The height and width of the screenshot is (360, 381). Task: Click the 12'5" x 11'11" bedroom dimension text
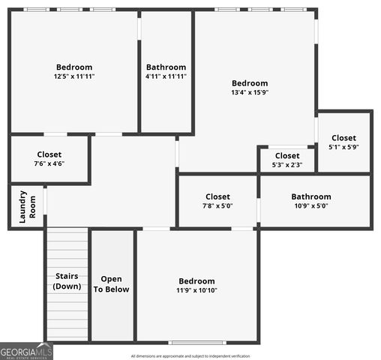pos(74,76)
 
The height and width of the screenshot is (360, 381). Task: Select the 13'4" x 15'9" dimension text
pos(250,93)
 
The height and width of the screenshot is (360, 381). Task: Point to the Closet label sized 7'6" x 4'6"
pos(49,154)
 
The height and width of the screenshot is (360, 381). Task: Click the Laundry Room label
pos(23,206)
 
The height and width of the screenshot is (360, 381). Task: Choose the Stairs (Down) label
pos(68,281)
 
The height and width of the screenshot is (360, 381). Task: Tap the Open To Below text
pos(111,284)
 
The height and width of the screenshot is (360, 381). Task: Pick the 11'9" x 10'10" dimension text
pos(196,291)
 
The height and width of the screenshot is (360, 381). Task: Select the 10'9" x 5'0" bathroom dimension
pos(310,205)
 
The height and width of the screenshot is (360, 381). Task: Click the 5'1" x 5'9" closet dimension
pos(343,147)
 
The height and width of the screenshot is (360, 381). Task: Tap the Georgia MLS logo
pos(26,351)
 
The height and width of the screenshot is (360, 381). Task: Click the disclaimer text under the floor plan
pos(190,356)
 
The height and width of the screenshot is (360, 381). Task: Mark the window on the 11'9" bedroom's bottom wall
pos(196,343)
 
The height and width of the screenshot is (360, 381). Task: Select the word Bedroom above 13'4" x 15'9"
pos(250,83)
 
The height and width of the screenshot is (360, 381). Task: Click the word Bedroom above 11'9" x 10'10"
pos(196,281)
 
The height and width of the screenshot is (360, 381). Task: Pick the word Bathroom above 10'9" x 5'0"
pos(310,196)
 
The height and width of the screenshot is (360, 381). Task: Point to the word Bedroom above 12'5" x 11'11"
pos(74,67)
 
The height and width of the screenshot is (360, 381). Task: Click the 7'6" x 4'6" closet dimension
pos(49,163)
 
